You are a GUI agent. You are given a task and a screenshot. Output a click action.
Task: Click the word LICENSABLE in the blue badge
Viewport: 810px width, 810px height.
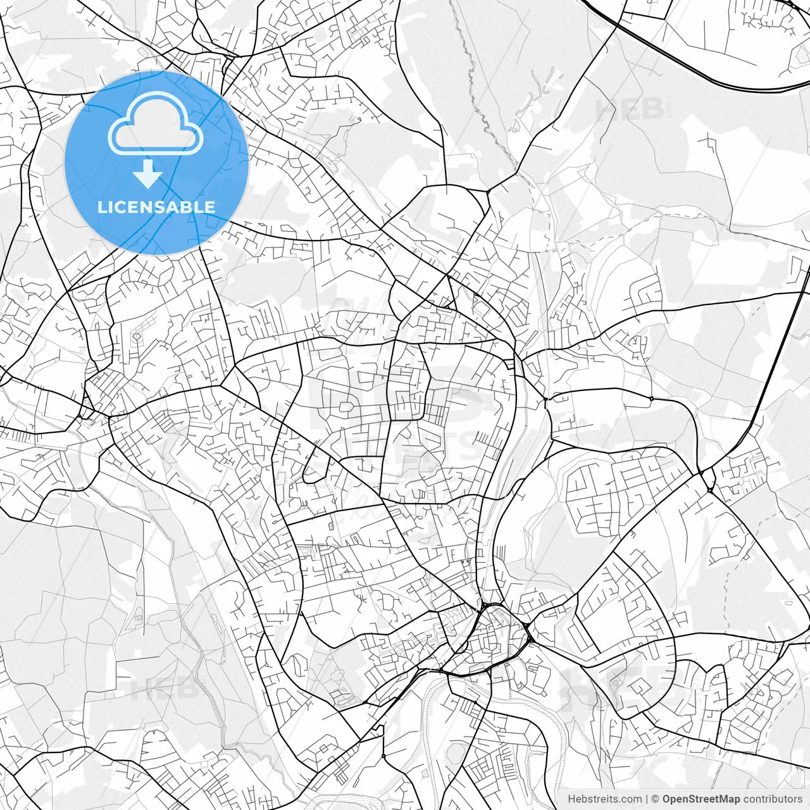point(156,207)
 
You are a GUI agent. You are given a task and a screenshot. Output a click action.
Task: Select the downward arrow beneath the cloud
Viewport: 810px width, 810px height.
point(148,174)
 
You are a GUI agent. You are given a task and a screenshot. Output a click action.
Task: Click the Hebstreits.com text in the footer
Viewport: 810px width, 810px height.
point(604,799)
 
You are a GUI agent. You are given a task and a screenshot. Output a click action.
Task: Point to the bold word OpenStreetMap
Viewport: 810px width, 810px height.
point(701,799)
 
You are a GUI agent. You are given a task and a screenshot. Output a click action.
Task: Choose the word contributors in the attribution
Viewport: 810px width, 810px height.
point(773,799)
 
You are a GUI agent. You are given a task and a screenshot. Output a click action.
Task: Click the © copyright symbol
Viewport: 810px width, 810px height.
point(656,799)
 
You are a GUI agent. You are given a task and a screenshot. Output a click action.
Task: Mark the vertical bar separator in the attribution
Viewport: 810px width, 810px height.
point(646,799)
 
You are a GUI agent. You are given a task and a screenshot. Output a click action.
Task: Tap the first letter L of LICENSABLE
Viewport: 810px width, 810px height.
point(102,207)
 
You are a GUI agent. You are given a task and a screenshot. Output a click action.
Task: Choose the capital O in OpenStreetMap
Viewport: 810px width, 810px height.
point(667,799)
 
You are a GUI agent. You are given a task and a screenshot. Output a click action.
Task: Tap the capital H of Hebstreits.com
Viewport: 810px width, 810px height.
point(571,799)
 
